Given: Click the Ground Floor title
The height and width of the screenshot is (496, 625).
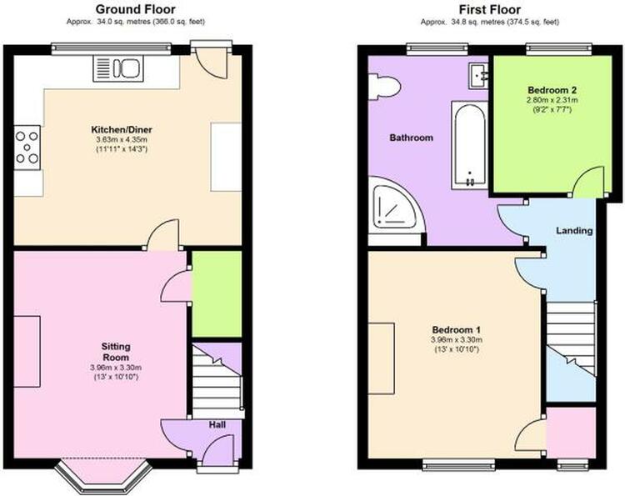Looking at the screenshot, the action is [x=136, y=9].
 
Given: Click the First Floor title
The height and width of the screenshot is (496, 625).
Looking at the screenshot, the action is [x=490, y=9].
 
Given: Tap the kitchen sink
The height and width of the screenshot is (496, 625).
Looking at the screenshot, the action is [x=118, y=68].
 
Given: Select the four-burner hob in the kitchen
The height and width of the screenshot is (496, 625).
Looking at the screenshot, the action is [x=27, y=148].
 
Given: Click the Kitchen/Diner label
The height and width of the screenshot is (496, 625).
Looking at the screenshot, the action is [x=122, y=129].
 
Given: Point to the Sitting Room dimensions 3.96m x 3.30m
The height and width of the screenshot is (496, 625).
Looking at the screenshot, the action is [x=116, y=368].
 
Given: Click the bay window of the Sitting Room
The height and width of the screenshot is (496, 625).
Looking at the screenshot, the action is [x=103, y=477].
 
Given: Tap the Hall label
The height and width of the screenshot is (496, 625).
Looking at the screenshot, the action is [x=217, y=424].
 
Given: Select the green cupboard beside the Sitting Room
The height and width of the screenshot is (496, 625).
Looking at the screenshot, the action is [x=217, y=294].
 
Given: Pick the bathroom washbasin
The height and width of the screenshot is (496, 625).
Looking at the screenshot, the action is [x=478, y=76].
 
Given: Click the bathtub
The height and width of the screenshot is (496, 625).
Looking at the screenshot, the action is [x=469, y=145].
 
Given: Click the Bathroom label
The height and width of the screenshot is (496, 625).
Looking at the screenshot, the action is [x=411, y=138].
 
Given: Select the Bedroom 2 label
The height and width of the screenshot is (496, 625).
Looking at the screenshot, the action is [x=552, y=90].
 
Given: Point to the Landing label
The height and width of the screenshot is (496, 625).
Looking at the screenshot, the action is [x=574, y=230].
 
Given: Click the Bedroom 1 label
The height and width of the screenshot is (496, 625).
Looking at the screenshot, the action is [x=457, y=330].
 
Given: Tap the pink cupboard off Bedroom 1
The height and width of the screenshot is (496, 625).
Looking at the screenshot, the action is [x=571, y=433].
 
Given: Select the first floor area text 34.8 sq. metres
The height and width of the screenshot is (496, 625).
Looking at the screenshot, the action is [x=477, y=23].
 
